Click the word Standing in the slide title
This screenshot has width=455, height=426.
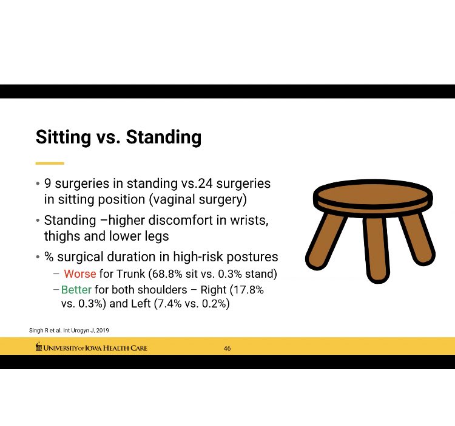pos(163,137)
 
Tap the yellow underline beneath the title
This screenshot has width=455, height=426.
pos(50,163)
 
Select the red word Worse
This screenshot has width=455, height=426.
pos(80,274)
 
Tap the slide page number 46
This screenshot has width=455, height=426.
pos(227,348)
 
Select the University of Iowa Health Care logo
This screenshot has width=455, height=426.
pos(92,348)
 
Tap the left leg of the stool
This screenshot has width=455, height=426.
pos(326,241)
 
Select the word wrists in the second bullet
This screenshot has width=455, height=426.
pos(250,219)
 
